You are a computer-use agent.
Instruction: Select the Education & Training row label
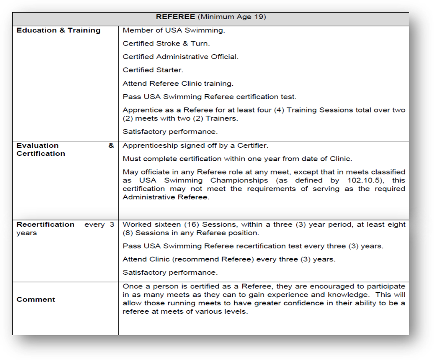click(59, 31)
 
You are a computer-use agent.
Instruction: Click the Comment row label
click(36, 300)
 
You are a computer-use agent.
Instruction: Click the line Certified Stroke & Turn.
click(166, 44)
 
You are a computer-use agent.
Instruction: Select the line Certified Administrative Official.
click(180, 57)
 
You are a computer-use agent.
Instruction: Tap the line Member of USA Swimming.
click(174, 31)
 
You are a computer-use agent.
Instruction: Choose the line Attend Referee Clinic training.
click(178, 83)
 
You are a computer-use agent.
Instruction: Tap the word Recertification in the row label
click(45, 225)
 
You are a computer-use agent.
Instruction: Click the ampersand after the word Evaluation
click(111, 145)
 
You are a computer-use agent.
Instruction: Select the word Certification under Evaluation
click(41, 154)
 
